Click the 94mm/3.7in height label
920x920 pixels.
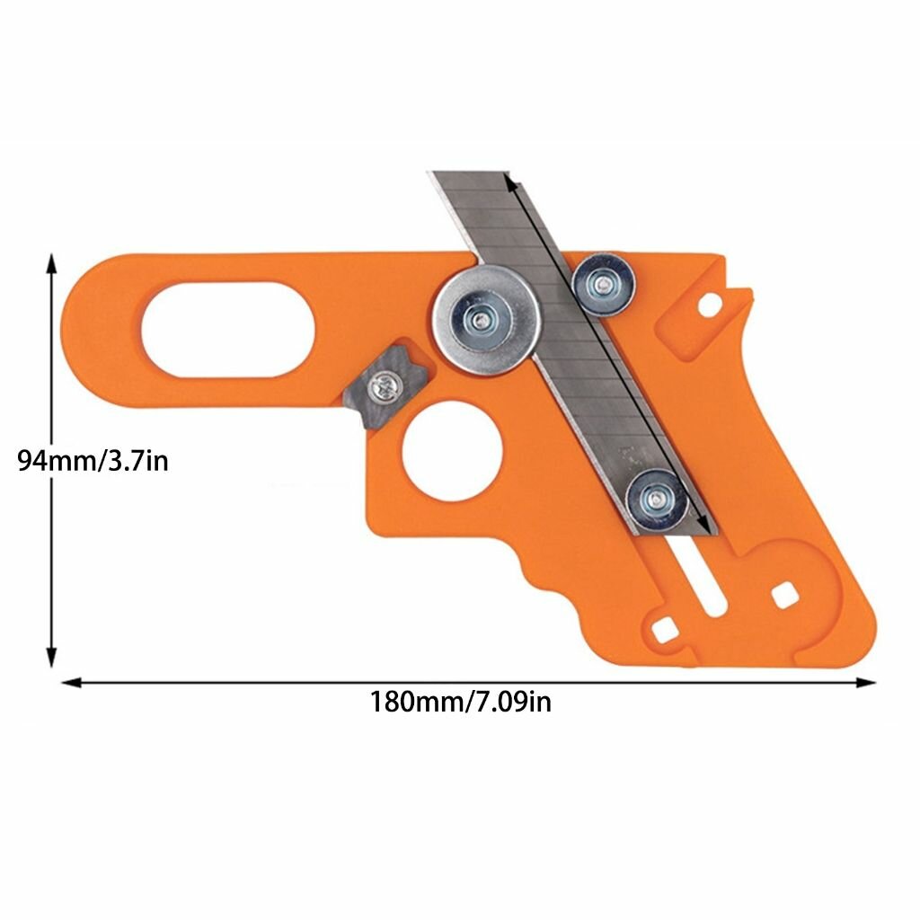point(93,461)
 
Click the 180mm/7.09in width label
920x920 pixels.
point(461,701)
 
